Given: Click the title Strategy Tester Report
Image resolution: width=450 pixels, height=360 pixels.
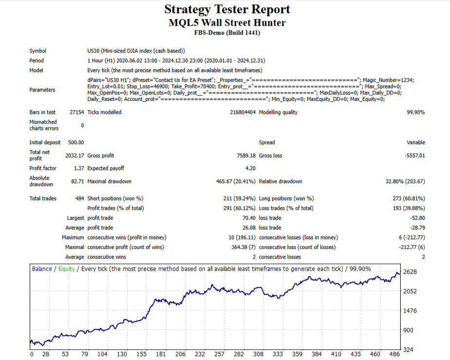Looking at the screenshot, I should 227,9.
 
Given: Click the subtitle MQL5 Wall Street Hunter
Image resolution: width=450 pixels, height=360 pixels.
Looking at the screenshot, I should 227,22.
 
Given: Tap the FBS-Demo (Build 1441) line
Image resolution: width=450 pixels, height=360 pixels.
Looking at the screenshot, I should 227,33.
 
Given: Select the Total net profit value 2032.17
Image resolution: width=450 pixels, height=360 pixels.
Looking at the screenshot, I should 75,155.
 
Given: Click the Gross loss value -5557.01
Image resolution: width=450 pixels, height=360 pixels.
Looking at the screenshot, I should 412,155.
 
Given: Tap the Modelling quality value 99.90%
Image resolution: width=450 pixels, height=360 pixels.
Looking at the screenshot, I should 415,112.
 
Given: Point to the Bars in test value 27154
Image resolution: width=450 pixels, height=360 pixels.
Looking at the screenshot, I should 76,112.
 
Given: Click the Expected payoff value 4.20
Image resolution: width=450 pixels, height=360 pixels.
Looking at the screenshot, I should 250,168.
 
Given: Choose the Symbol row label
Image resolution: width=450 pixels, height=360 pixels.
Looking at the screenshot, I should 37,51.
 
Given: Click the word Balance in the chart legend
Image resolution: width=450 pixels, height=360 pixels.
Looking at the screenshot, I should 41,268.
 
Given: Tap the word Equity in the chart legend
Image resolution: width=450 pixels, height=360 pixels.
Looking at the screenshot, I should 66,268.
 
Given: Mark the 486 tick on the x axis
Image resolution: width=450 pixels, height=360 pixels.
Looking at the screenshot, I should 395,354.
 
